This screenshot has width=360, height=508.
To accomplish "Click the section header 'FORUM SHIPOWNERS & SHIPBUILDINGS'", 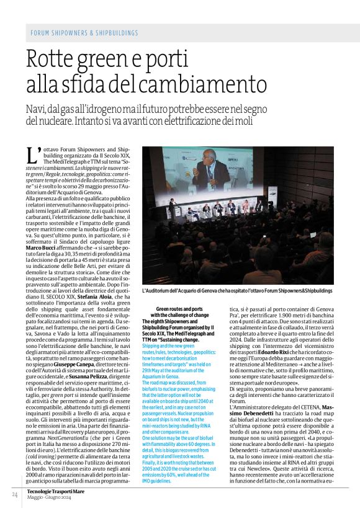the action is coord(84,33).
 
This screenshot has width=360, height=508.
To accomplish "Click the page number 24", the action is coord(14,494).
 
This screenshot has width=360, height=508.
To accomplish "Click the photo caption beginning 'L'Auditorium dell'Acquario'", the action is coord(237,290).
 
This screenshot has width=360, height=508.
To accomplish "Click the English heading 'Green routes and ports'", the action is coord(179,308).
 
